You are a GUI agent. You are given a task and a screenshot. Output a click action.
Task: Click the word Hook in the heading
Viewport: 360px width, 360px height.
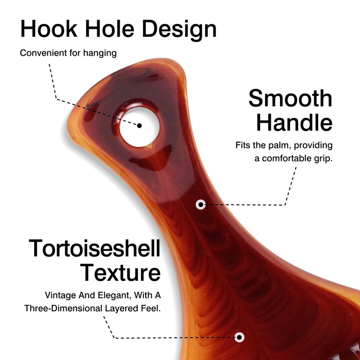pos(49,29)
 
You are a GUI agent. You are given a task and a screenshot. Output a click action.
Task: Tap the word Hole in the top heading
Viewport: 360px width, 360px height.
pos(110,29)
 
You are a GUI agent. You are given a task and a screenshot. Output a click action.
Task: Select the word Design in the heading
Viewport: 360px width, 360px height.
pos(180,30)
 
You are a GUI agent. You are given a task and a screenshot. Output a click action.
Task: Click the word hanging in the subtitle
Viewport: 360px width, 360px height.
pos(100,53)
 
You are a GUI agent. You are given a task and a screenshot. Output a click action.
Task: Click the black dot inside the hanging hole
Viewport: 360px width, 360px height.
pos(139,126)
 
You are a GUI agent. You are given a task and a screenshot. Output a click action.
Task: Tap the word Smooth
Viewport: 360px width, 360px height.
pos(290,98)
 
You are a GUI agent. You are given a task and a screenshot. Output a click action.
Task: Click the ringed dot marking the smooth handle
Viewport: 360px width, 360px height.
pos(201,204)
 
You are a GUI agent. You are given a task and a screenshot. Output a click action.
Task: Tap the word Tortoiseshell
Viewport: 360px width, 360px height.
pos(94,248)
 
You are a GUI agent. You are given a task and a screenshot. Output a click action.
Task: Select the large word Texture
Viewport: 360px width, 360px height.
pos(120,272)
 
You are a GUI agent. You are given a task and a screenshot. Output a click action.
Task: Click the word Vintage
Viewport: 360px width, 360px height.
pos(61,296)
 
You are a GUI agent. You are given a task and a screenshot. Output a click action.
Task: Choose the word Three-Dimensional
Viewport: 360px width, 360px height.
pos(63,308)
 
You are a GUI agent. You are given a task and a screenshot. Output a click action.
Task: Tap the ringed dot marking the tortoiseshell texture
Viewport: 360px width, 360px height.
pos(239,337)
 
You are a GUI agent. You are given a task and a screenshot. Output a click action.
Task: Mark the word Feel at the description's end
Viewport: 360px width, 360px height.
pos(151,308)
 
